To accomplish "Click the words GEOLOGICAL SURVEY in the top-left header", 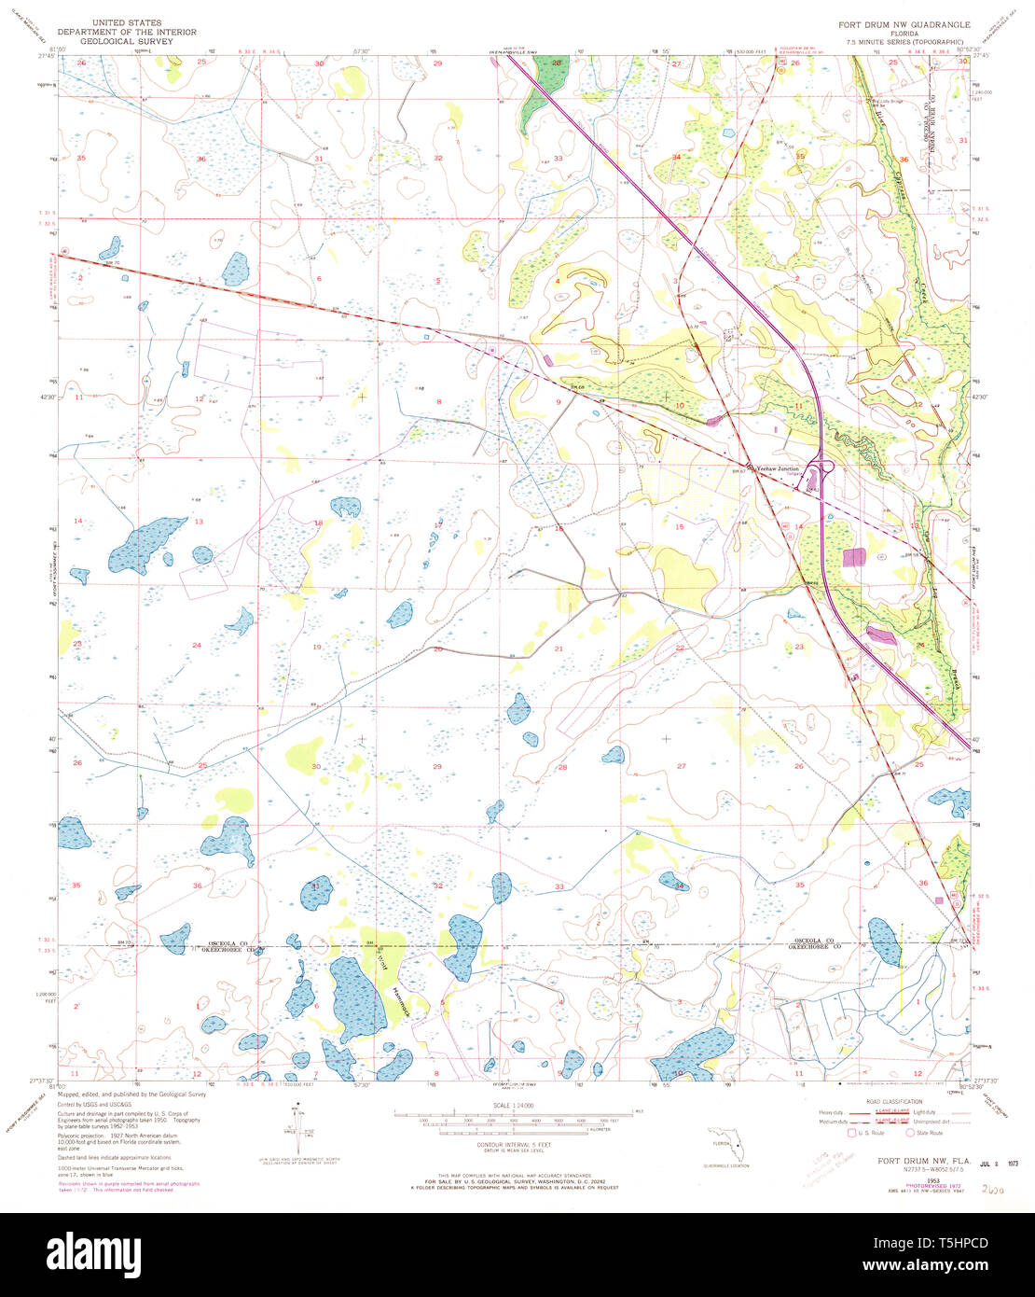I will (x=127, y=42).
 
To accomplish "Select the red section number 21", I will (x=559, y=648).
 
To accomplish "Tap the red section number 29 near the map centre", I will (x=437, y=766).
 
